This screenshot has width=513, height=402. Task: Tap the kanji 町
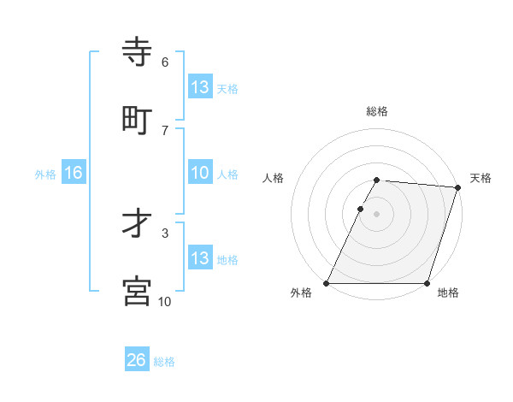(138, 121)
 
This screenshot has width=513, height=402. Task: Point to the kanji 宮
(138, 292)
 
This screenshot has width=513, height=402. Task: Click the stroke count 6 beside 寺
(165, 62)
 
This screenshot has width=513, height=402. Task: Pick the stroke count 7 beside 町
(165, 129)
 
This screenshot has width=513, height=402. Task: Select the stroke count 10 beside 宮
(165, 301)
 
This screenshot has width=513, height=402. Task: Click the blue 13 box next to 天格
(200, 87)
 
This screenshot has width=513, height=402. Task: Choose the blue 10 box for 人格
(200, 173)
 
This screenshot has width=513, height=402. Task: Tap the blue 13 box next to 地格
(200, 258)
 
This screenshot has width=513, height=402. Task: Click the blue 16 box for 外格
(74, 173)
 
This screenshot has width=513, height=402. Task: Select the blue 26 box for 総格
(137, 360)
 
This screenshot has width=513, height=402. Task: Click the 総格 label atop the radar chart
(377, 111)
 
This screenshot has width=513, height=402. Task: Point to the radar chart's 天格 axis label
(481, 178)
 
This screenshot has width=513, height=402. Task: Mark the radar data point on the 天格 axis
(458, 187)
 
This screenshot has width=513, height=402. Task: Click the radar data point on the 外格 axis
(327, 283)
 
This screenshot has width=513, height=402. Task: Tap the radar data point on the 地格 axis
(427, 283)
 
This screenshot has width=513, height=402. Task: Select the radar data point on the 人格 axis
(360, 209)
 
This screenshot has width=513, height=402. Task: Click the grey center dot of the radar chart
(377, 214)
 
